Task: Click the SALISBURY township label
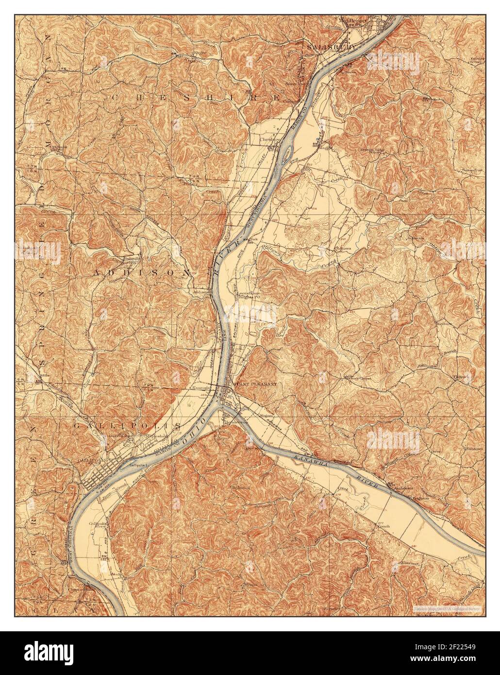332,47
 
